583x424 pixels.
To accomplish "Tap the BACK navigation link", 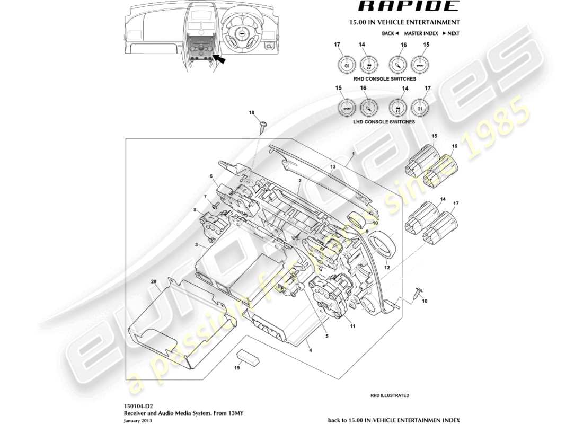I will click(x=390, y=33).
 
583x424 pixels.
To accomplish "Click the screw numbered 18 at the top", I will click(x=263, y=125).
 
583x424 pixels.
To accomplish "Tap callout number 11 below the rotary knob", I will click(x=352, y=326).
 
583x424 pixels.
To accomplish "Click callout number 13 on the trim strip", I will click(x=332, y=166).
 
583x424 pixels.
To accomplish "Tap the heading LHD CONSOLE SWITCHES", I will click(x=384, y=122).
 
